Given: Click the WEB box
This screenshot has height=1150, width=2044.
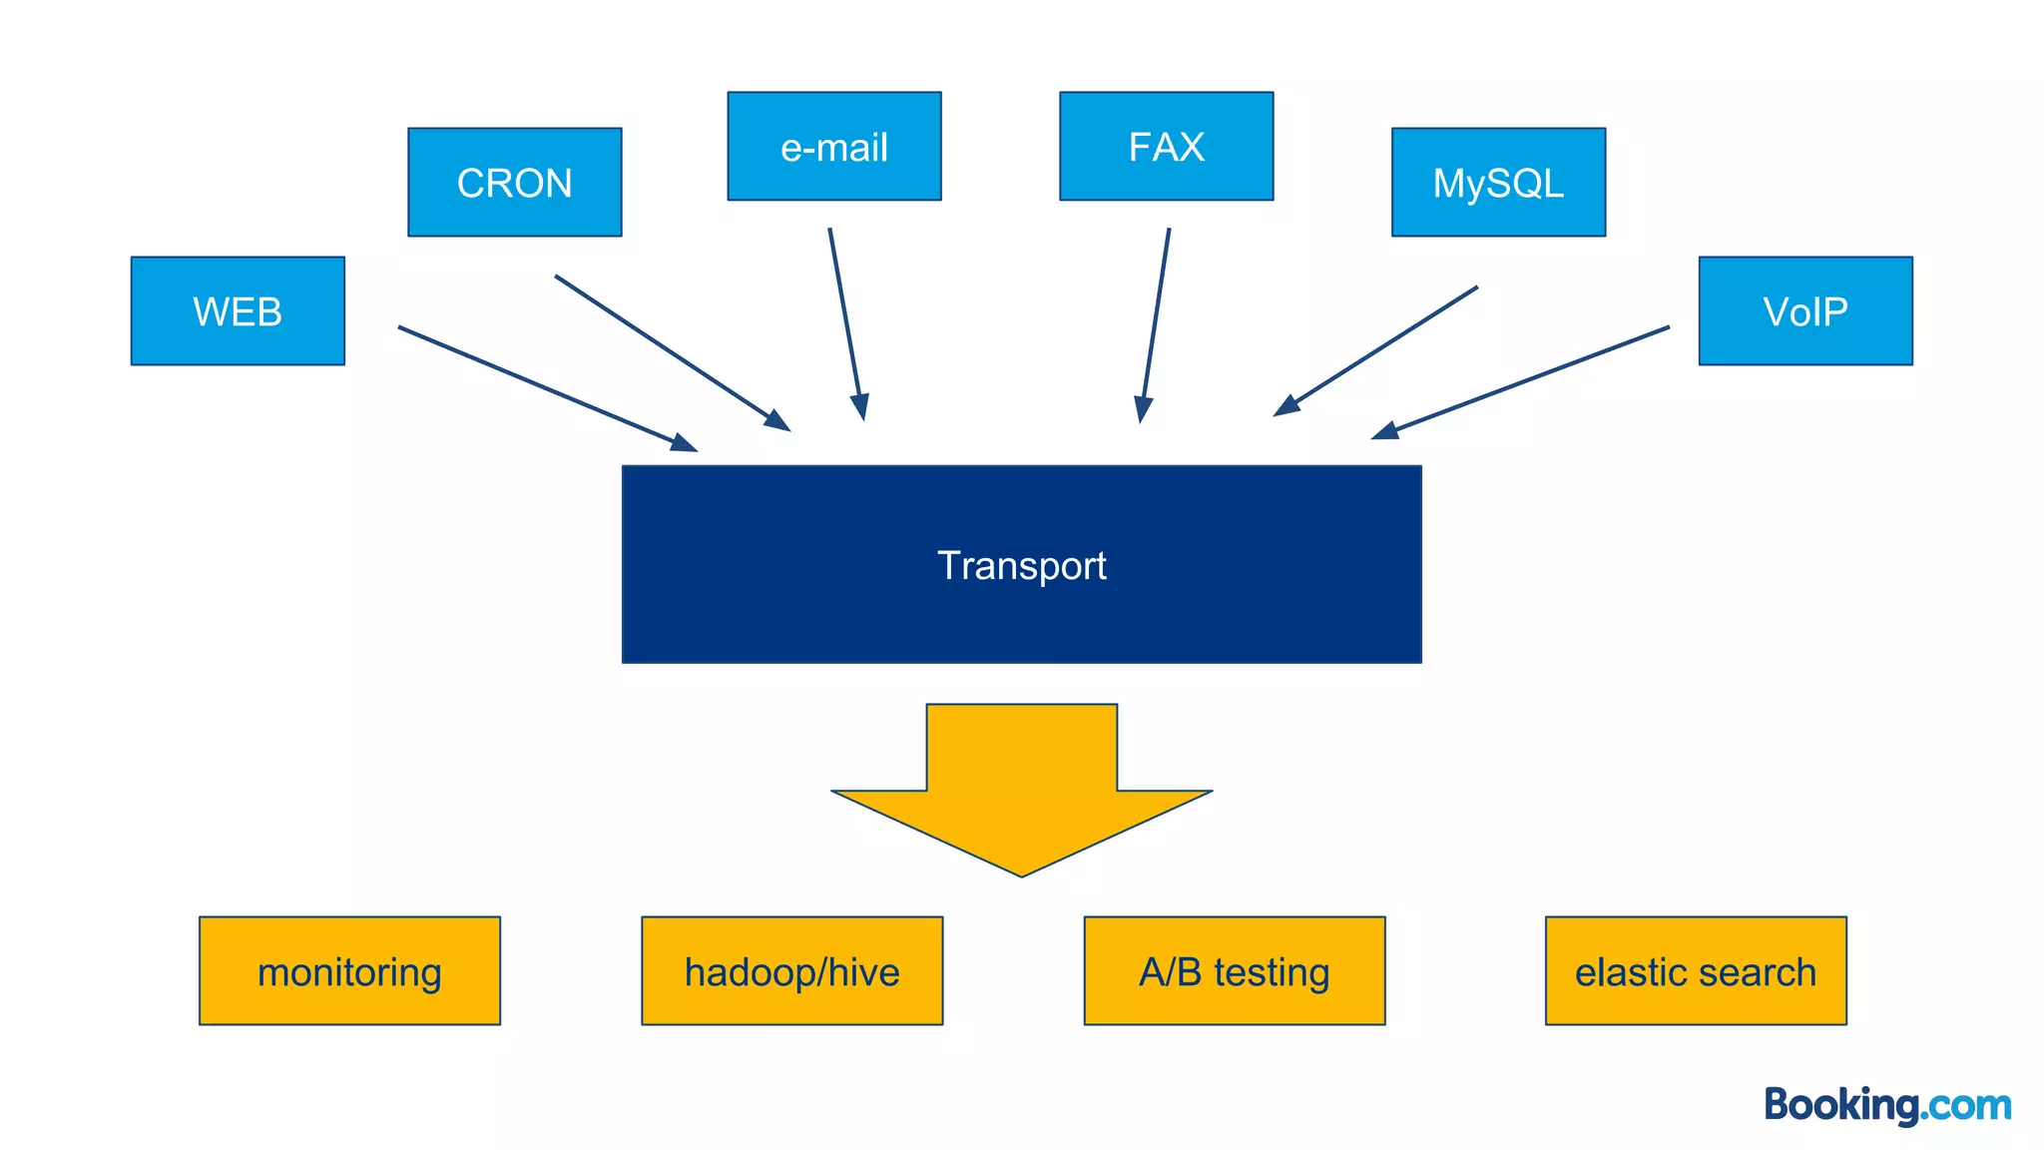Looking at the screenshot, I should pyautogui.click(x=238, y=311).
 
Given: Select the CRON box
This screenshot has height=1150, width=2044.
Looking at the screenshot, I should pyautogui.click(x=514, y=183).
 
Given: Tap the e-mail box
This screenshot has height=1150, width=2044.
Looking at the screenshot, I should pyautogui.click(x=833, y=147).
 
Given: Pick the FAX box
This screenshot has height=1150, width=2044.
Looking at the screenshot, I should pyautogui.click(x=1166, y=147).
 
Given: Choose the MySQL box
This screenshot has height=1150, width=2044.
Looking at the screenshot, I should pyautogui.click(x=1498, y=183).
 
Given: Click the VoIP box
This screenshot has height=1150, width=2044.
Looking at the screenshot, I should pyautogui.click(x=1804, y=311).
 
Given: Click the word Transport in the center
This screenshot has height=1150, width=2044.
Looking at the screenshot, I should pyautogui.click(x=1021, y=566).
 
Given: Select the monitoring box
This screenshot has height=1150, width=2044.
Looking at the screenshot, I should pyautogui.click(x=349, y=971).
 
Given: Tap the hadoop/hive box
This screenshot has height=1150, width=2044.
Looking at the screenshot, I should pyautogui.click(x=791, y=971).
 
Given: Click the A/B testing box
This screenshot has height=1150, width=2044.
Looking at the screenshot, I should pyautogui.click(x=1234, y=971).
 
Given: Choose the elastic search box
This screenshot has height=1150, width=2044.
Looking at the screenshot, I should pyautogui.click(x=1695, y=971).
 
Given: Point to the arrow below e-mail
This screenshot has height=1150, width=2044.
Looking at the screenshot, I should pyautogui.click(x=846, y=321).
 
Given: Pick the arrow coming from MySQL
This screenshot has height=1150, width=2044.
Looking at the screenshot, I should pyautogui.click(x=1377, y=349).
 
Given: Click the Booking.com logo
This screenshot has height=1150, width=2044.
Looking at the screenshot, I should pyautogui.click(x=1886, y=1105).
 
